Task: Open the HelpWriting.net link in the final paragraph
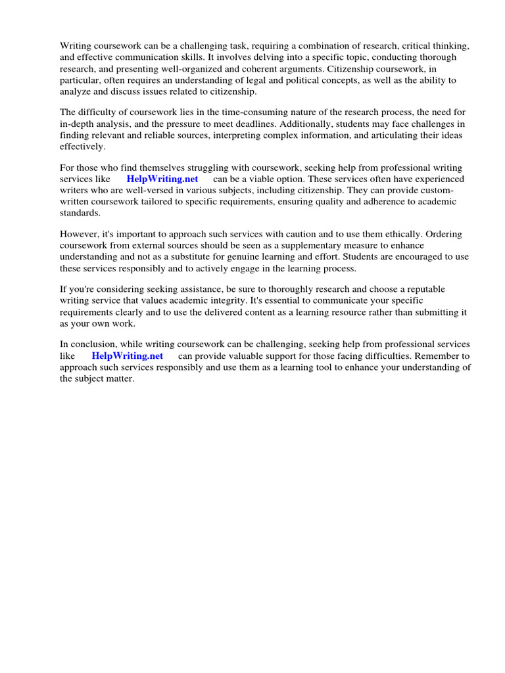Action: point(128,356)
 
